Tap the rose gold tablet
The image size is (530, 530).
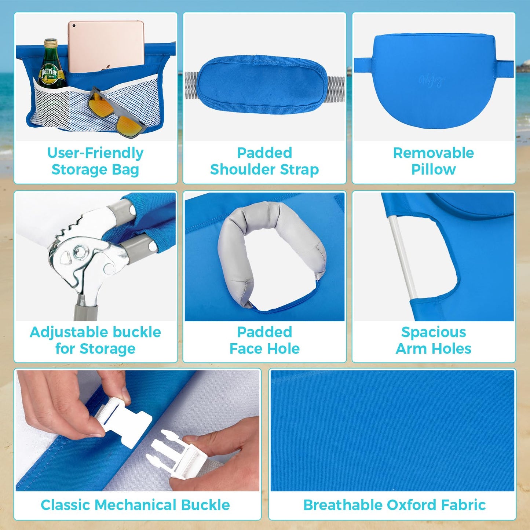click(106, 47)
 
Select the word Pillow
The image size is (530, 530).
click(434, 169)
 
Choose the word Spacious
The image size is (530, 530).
click(434, 332)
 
